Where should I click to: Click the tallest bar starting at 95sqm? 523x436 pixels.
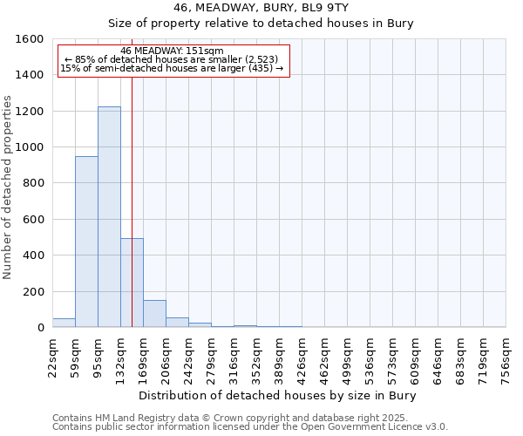click(109, 217)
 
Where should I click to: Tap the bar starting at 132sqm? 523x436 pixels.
click(132, 283)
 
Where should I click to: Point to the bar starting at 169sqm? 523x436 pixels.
click(154, 314)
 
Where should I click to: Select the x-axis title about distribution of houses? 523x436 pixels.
click(278, 395)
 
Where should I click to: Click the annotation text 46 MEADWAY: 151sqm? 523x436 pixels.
click(173, 51)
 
